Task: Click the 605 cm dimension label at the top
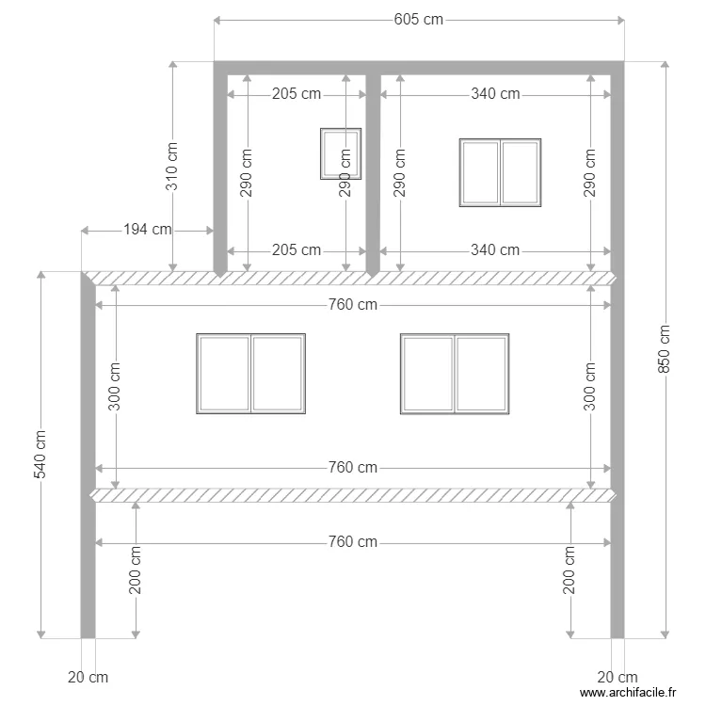(418, 20)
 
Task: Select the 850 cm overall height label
(665, 349)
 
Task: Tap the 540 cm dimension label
(40, 455)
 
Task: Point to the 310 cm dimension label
(172, 167)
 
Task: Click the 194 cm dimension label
(148, 230)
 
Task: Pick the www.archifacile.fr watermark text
(628, 692)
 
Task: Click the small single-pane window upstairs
(340, 153)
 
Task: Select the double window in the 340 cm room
(500, 172)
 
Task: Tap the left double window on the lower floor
(250, 373)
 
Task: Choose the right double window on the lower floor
(455, 373)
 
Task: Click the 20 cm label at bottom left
(88, 677)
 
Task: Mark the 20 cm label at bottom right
(618, 677)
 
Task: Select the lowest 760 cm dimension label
(352, 542)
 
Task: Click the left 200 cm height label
(136, 570)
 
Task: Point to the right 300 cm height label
(590, 386)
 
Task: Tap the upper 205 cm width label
(296, 93)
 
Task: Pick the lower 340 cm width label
(495, 250)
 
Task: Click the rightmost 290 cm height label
(590, 172)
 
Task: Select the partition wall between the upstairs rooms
(373, 169)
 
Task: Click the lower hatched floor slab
(352, 495)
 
